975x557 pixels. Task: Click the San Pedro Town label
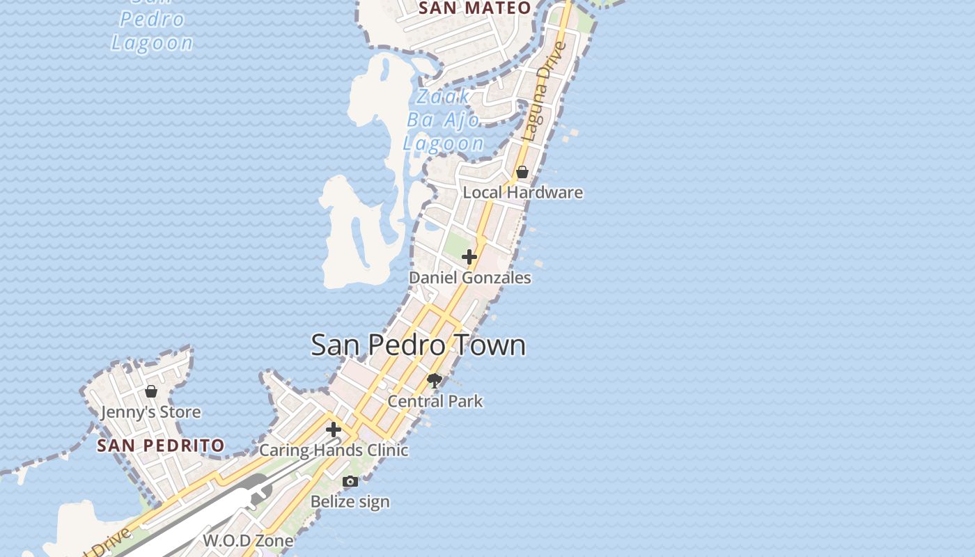click(418, 345)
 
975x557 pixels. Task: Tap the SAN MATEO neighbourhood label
click(476, 8)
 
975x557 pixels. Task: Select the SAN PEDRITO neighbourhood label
click(161, 446)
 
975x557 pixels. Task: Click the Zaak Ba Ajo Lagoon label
click(444, 120)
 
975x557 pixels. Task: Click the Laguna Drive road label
click(545, 91)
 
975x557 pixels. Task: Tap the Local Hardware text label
click(522, 192)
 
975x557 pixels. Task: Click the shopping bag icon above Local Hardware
click(522, 172)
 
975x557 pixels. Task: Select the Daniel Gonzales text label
click(469, 278)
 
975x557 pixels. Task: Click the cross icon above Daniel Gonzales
click(469, 257)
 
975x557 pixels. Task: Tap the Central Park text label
click(435, 401)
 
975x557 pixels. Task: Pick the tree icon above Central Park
click(435, 380)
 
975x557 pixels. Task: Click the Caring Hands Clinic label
click(334, 450)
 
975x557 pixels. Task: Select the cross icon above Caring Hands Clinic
click(334, 430)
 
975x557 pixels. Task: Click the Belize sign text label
click(350, 501)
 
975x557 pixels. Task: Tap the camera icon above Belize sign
click(350, 481)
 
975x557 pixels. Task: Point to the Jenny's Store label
click(150, 412)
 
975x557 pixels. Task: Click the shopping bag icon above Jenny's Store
click(151, 391)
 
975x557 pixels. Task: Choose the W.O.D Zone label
click(248, 540)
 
